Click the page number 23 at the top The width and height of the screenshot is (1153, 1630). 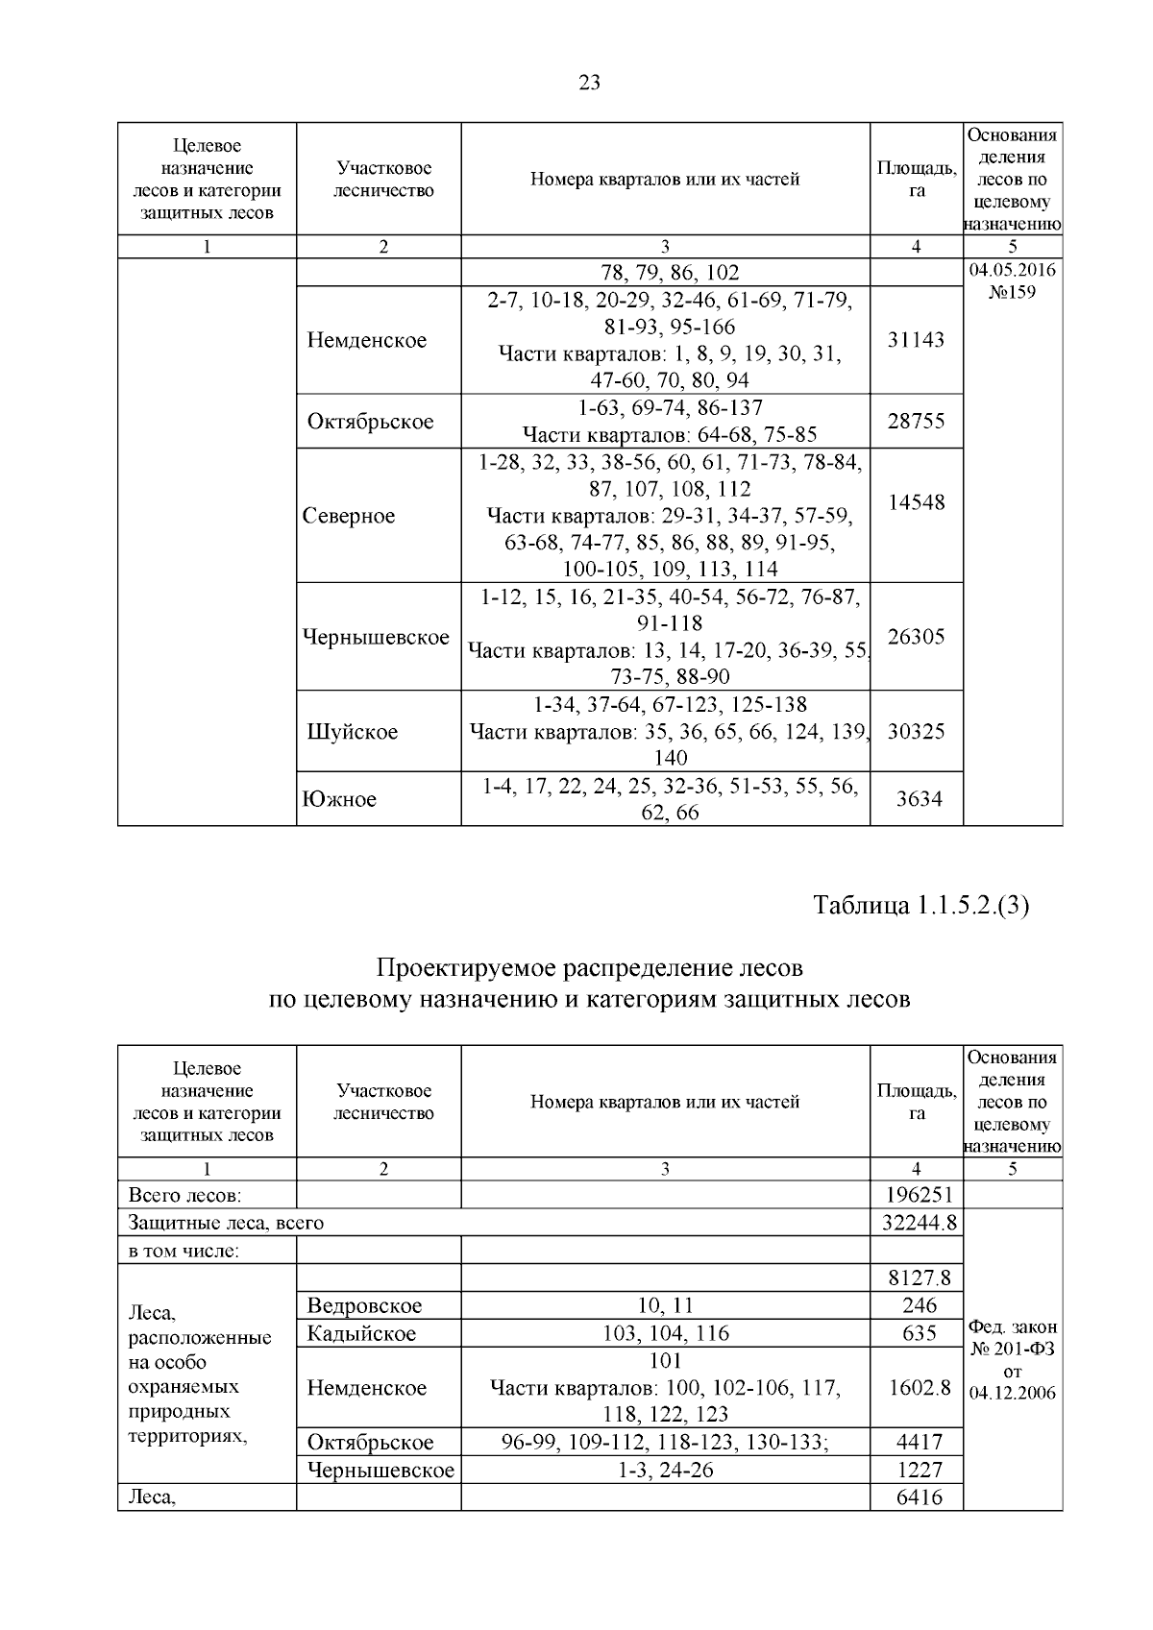pos(590,83)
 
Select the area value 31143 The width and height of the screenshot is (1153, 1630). pos(916,340)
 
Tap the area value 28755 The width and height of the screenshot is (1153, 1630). pos(916,421)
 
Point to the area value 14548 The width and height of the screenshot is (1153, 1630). pos(916,502)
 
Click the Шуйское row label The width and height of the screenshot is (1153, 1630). pos(352,732)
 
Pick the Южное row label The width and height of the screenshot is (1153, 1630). pos(339,799)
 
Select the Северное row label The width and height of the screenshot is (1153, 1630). pos(349,516)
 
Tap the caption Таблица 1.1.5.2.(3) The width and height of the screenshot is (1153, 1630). pos(920,905)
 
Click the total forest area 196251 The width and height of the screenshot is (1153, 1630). pos(917,1195)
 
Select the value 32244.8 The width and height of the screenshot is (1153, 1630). pos(917,1223)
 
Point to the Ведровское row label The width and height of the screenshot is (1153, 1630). pos(364,1305)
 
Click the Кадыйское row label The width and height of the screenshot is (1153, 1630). pos(361,1333)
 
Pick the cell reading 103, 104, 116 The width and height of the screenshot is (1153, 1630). pos(665,1333)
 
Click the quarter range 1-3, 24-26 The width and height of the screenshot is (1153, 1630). pos(665,1470)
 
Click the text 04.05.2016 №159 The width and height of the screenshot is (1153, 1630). pos(1012,280)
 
